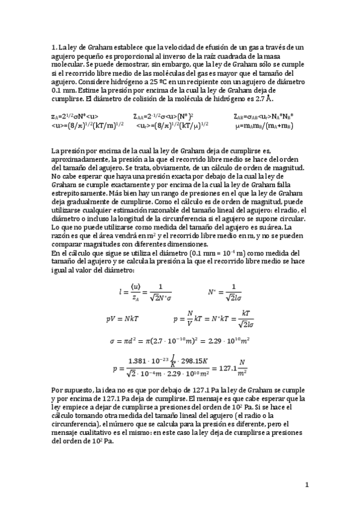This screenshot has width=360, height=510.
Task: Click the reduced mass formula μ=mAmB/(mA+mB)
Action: click(x=265, y=125)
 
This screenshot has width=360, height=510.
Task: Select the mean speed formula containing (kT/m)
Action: click(x=88, y=125)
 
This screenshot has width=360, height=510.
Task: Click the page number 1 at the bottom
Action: click(x=307, y=484)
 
